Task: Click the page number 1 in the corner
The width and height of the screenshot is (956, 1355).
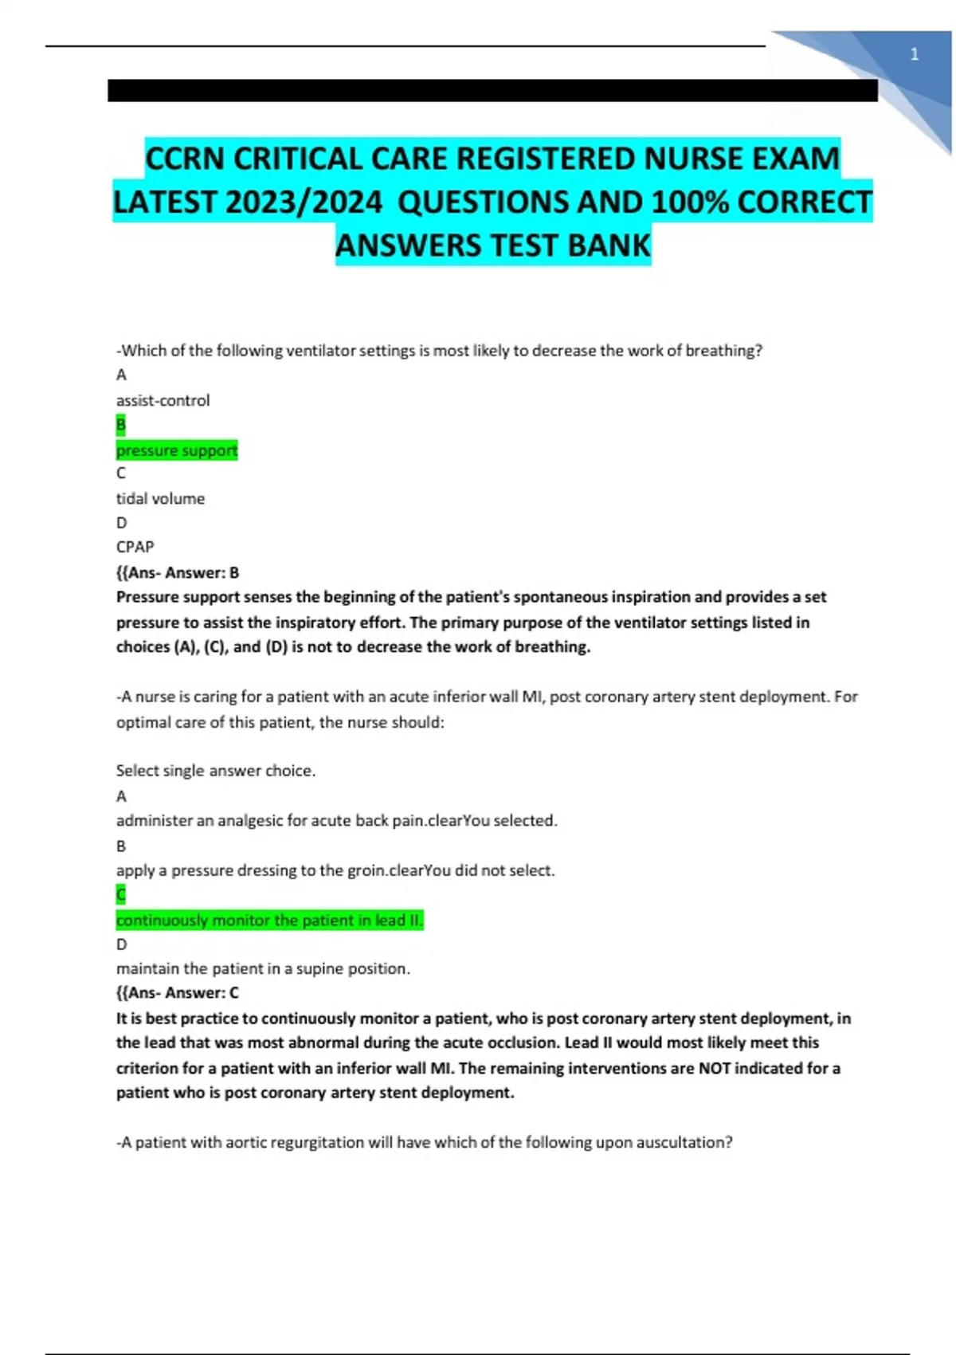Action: tap(914, 54)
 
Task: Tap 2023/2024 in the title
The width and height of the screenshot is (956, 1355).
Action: tap(304, 202)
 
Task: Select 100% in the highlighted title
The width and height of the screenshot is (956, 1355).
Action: tap(690, 202)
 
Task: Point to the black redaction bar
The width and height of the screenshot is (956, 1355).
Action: tap(492, 90)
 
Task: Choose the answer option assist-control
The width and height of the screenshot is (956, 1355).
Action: tap(163, 400)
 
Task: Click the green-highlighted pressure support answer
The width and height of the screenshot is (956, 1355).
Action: tap(177, 450)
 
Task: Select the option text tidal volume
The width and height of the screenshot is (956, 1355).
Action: tap(160, 498)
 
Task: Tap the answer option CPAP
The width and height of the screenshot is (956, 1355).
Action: tap(135, 547)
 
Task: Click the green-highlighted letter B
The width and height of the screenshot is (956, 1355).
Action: tap(121, 425)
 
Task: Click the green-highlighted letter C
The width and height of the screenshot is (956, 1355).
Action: tap(121, 894)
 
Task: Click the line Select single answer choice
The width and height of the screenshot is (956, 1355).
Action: tap(215, 770)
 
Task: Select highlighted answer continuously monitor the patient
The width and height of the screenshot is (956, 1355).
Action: tap(269, 920)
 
